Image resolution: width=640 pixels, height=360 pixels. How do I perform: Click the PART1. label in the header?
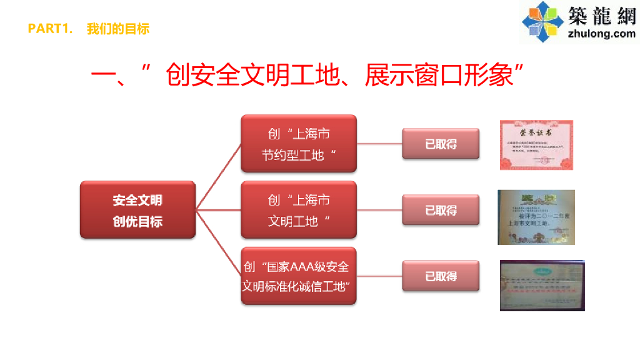(51, 29)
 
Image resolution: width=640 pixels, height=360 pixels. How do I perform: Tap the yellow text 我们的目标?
(118, 29)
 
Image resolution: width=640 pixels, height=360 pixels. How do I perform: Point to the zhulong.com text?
(602, 34)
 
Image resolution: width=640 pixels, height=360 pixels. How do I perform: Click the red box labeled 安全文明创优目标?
(137, 210)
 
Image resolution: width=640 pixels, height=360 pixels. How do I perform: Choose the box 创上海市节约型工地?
(299, 144)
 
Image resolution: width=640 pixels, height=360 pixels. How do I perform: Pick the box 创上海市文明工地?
(299, 210)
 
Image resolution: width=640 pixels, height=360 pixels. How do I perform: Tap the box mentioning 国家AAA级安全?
(299, 276)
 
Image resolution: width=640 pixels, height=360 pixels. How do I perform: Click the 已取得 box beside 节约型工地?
(441, 144)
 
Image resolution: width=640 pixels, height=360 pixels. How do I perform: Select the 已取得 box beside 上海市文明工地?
(441, 210)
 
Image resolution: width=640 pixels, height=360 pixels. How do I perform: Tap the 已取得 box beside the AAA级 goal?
(441, 276)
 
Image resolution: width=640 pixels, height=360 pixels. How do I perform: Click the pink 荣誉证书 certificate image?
(536, 144)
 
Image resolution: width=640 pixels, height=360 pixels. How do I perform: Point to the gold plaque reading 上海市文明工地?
(536, 217)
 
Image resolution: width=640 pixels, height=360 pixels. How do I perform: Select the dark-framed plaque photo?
(542, 285)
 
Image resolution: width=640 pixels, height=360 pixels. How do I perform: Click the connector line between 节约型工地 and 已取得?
(379, 144)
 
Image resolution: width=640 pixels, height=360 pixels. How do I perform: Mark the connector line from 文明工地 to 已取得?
(379, 210)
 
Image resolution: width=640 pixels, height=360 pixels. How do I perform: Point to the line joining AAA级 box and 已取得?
(379, 276)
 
